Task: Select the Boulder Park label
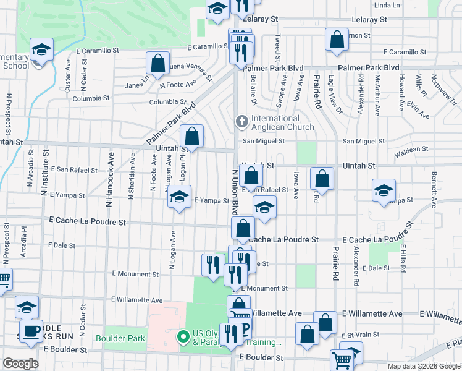click(120, 338)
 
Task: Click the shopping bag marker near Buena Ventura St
click(158, 63)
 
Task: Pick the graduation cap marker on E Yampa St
click(179, 197)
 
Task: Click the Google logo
click(21, 364)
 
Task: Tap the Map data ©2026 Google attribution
click(423, 366)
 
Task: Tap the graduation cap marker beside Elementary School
click(41, 49)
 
